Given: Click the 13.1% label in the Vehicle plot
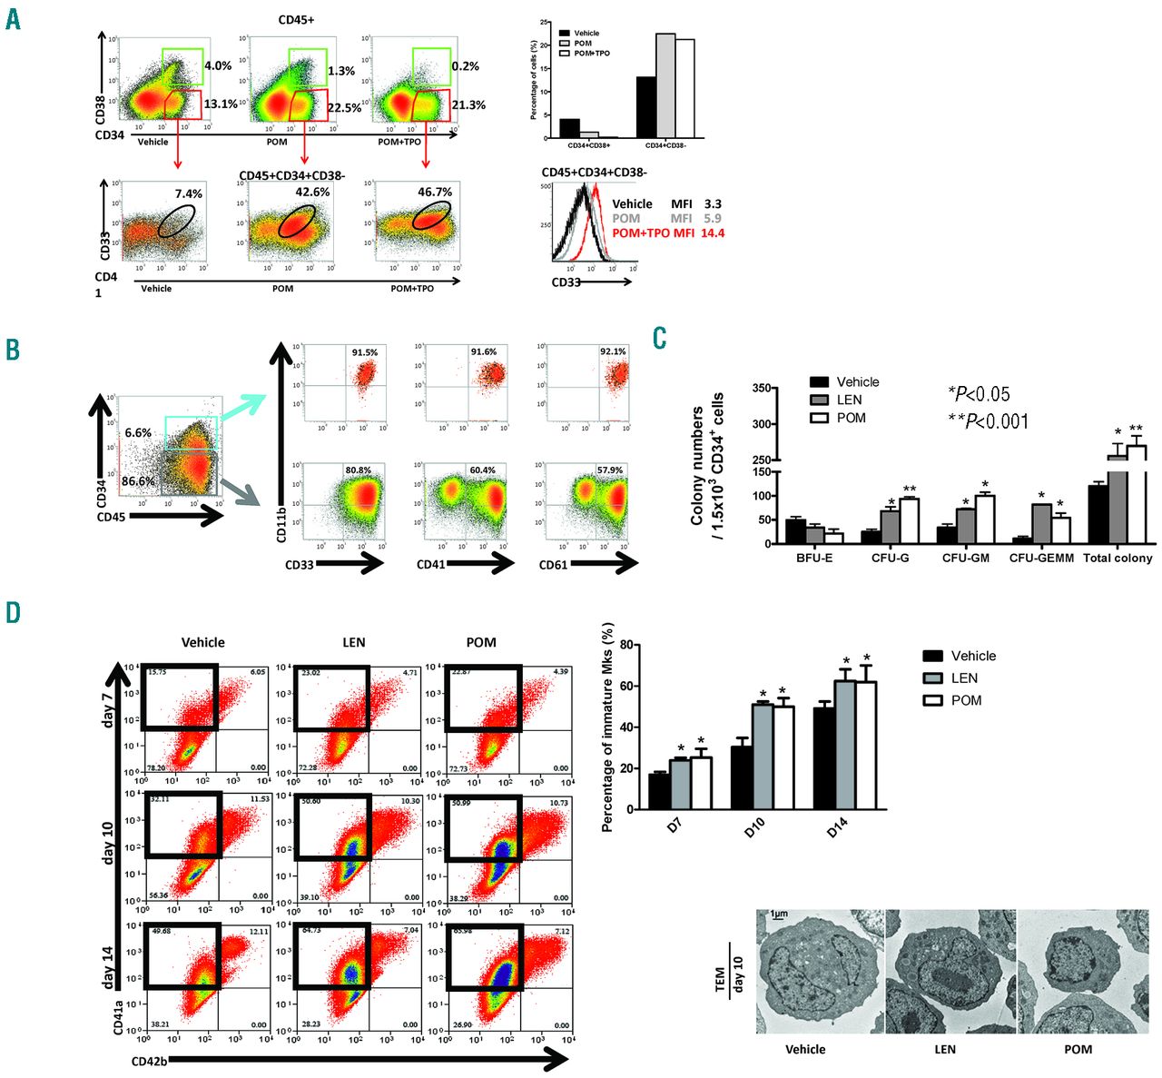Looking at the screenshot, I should pyautogui.click(x=221, y=104).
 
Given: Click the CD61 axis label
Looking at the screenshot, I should pyautogui.click(x=554, y=565).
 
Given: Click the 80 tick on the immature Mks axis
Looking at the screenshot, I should pyautogui.click(x=626, y=645).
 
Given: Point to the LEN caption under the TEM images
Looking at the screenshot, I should pyautogui.click(x=944, y=1049).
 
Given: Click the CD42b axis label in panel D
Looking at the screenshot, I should pyautogui.click(x=146, y=1059).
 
